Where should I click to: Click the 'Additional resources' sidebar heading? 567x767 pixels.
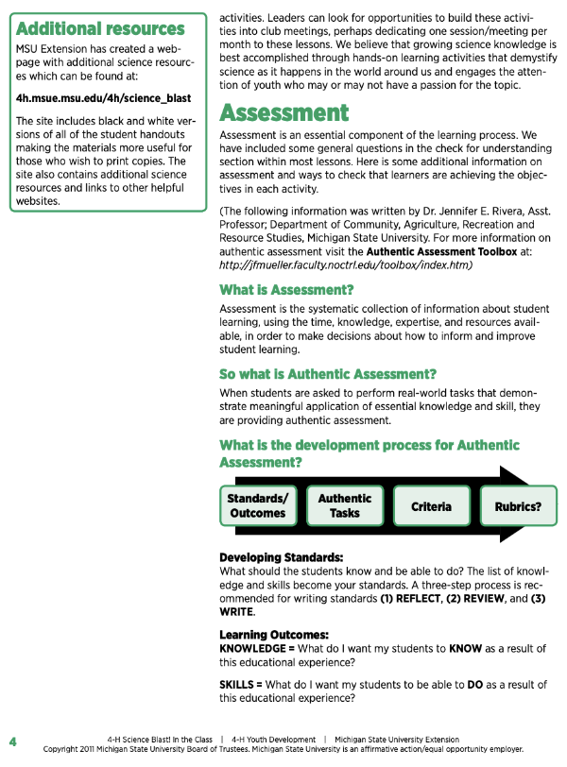click(101, 28)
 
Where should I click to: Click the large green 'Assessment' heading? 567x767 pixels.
click(284, 113)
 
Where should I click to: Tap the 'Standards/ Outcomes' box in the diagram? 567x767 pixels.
click(258, 505)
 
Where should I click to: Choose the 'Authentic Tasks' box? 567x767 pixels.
click(345, 505)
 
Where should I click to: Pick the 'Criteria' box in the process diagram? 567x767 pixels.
click(431, 506)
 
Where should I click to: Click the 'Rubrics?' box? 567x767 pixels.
click(518, 506)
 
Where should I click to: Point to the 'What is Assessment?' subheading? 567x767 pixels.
click(286, 289)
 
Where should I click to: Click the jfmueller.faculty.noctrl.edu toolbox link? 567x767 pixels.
click(345, 265)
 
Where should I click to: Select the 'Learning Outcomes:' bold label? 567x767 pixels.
click(274, 635)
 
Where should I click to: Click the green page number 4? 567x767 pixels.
click(12, 740)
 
